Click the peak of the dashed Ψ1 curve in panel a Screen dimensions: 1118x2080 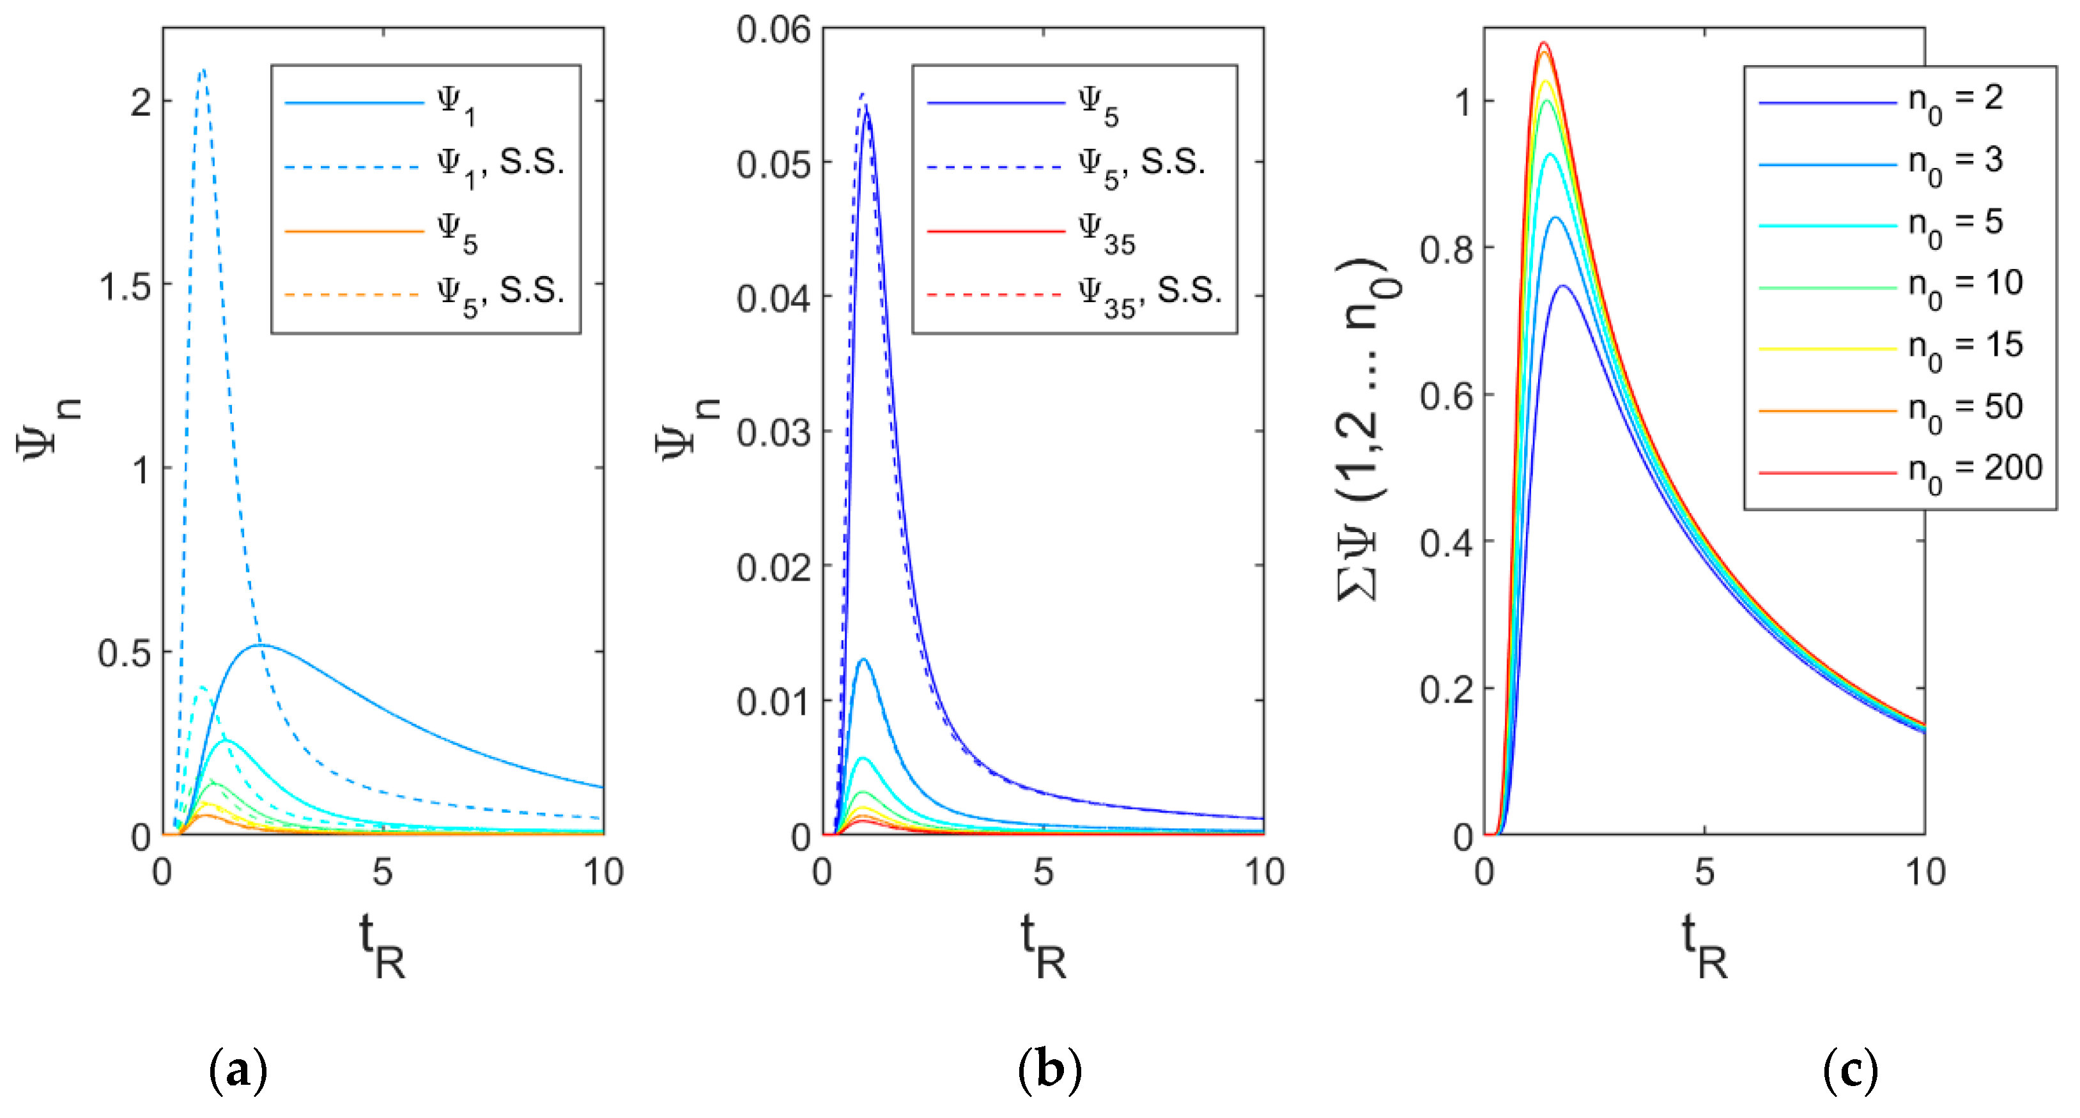pyautogui.click(x=202, y=71)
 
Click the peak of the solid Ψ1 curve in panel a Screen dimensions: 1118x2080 pyautogui.click(x=260, y=645)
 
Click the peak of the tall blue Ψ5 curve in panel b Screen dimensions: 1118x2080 pyautogui.click(x=867, y=113)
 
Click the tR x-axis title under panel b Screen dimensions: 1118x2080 pyautogui.click(x=1044, y=946)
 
